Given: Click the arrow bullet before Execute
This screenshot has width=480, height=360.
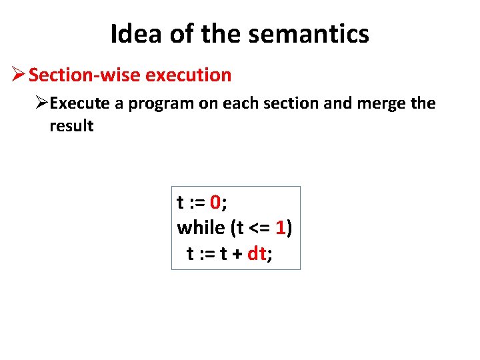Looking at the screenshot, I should coord(42,104).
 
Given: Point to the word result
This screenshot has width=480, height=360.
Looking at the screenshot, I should coord(71,126).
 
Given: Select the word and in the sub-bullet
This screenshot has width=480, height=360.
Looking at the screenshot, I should coord(337,104).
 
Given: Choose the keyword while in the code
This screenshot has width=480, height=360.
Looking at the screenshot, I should coord(201,228).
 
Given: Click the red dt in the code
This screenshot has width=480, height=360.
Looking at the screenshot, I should coord(257,253).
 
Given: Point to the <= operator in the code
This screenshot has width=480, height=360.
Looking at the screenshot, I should coord(260,228).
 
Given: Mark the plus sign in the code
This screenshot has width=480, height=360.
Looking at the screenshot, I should coord(237,253).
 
